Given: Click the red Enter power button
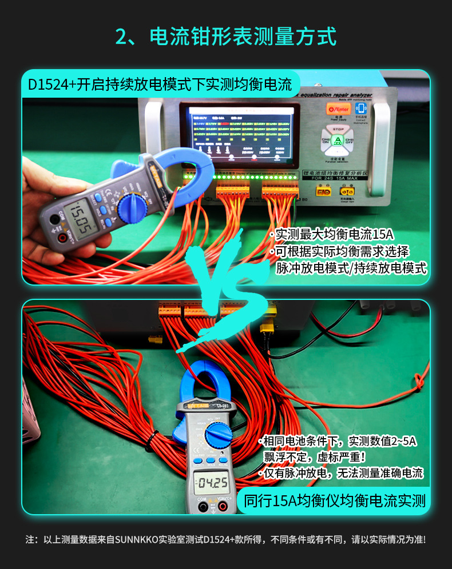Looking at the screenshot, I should click(338, 109).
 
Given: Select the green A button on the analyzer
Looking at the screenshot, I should click(338, 141).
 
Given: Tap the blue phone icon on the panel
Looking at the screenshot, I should click(361, 108).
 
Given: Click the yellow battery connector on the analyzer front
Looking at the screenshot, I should click(324, 193).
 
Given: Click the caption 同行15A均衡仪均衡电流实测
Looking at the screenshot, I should click(335, 501).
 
